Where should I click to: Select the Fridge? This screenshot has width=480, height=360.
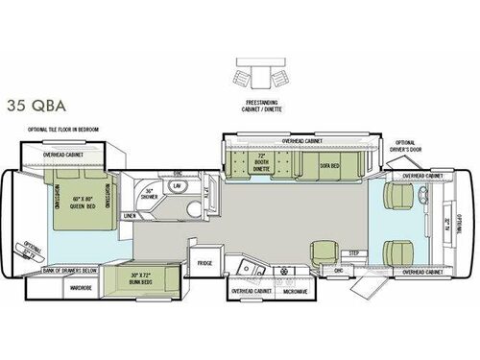click(204, 262)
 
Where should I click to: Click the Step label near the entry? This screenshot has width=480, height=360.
click(352, 253)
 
